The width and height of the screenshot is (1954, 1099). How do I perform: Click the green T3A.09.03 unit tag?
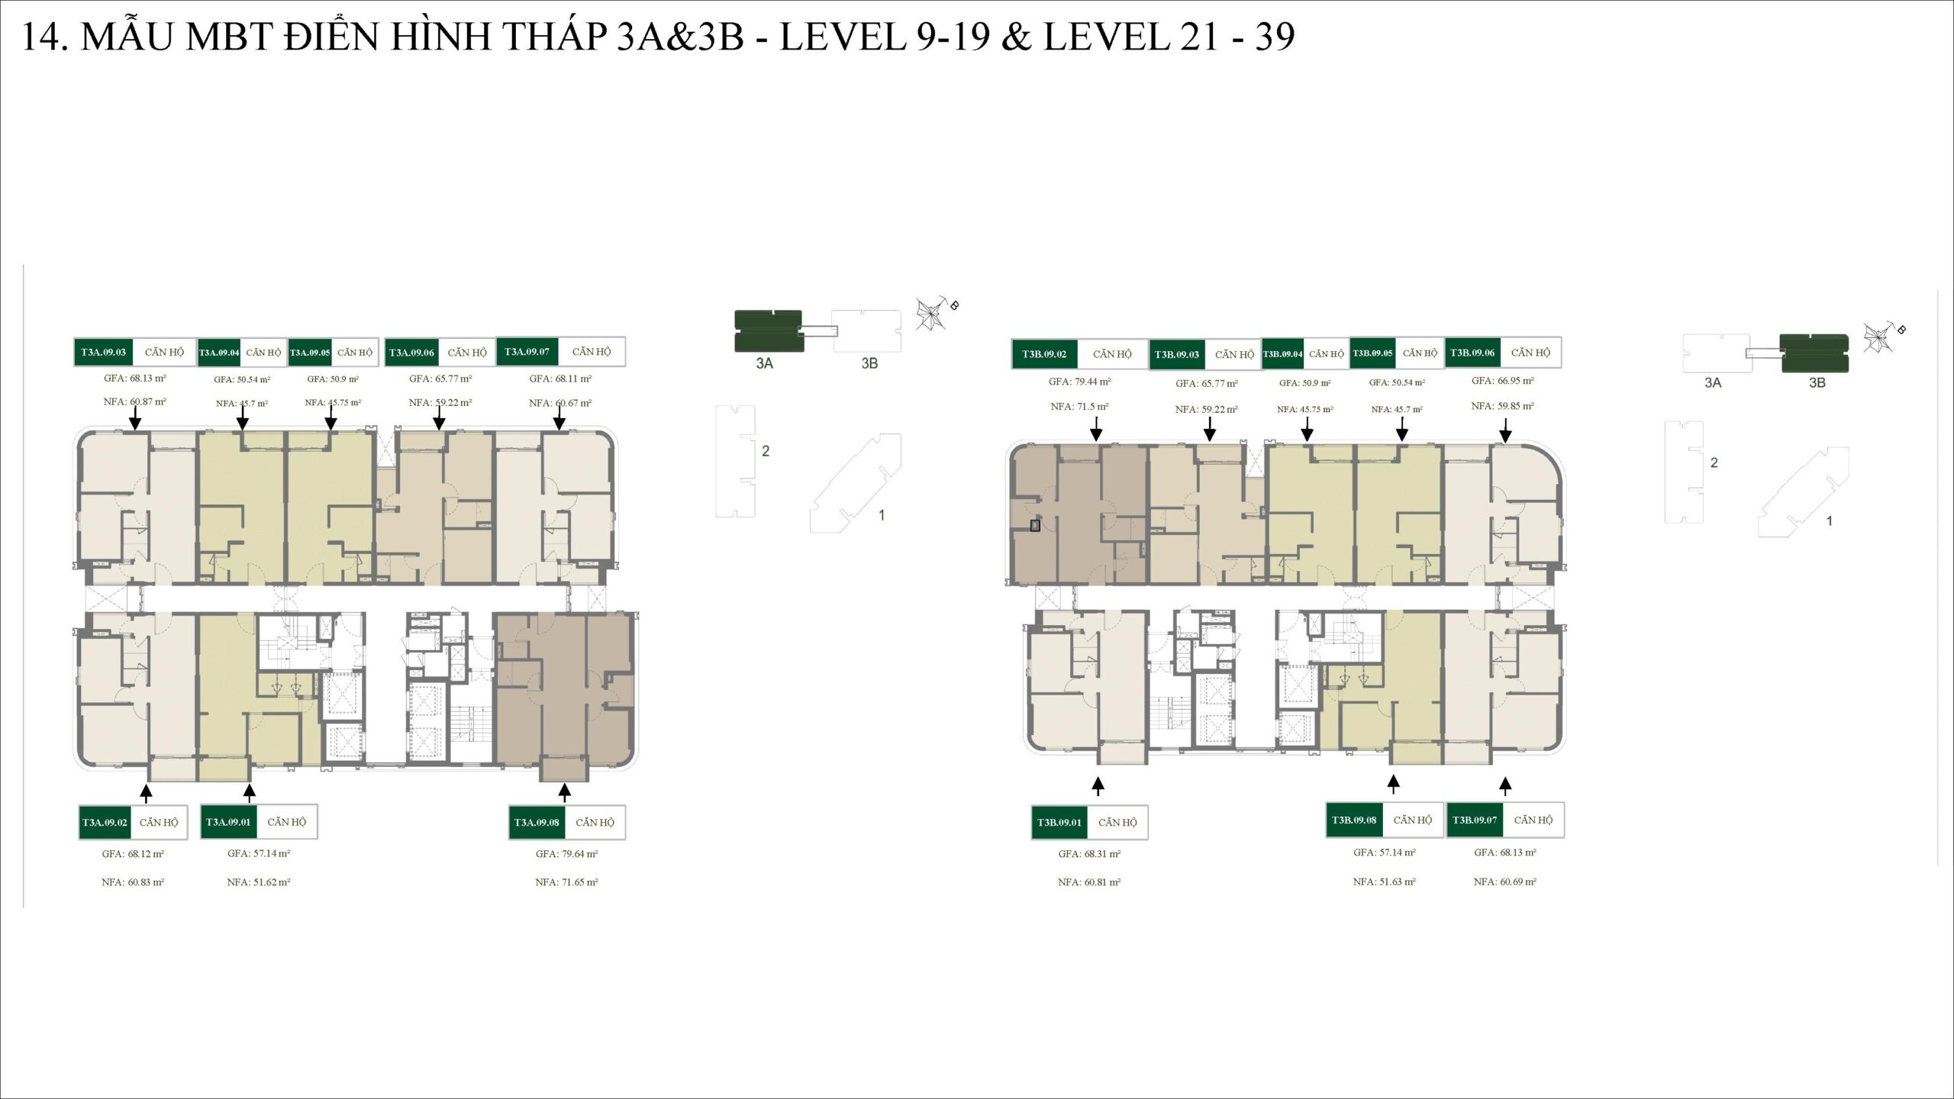point(103,352)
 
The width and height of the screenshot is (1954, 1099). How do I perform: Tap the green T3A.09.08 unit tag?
point(537,822)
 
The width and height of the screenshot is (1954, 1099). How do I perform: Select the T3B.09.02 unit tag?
point(1044,354)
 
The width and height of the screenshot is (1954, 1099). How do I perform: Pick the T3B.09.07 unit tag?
point(1474,820)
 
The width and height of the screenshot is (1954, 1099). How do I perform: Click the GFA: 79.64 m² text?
point(566,854)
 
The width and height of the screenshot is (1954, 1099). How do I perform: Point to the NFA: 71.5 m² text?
point(1079,407)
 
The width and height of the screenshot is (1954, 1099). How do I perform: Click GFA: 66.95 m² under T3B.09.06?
point(1502,380)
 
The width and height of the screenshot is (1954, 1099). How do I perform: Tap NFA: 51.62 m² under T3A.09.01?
point(258,882)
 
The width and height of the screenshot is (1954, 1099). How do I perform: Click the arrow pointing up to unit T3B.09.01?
point(1098,786)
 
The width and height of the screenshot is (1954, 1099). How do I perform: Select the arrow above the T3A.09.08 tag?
point(564,792)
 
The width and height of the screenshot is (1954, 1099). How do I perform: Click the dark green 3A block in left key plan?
point(768,330)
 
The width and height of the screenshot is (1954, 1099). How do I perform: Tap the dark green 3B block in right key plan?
point(1814,353)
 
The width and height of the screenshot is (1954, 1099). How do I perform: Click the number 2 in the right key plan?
point(1714,462)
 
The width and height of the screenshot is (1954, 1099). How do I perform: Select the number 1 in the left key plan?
point(882,515)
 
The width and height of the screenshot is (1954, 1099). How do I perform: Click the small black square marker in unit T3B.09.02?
point(1035,525)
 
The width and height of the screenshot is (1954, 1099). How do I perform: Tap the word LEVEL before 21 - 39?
point(1104,37)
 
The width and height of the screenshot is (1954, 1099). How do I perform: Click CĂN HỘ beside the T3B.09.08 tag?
point(1412,820)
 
